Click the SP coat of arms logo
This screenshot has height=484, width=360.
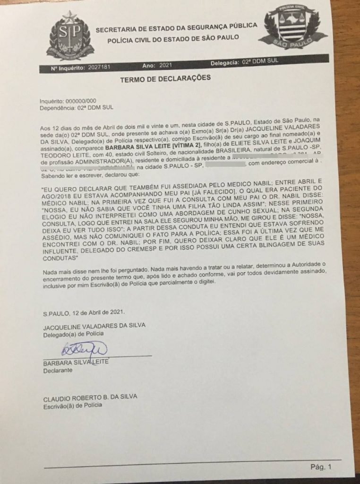click(70, 36)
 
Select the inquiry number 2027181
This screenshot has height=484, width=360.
click(99, 68)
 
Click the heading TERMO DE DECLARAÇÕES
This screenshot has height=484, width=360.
click(165, 78)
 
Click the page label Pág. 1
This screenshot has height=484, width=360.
click(322, 467)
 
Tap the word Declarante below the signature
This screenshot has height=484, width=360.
click(58, 371)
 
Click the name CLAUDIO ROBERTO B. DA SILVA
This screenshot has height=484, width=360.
click(90, 397)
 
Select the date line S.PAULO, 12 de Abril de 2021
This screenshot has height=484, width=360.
click(84, 313)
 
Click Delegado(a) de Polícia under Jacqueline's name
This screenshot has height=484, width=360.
click(73, 333)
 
